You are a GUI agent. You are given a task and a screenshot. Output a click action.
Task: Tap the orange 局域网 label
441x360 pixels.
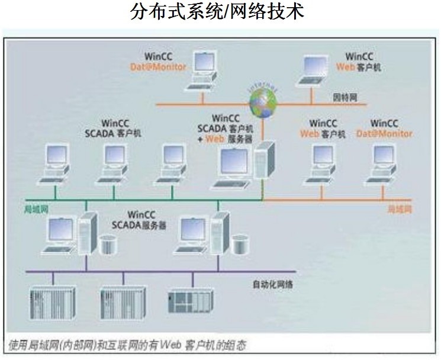click(399, 210)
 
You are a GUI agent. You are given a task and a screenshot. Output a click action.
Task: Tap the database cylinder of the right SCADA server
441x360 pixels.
click(239, 243)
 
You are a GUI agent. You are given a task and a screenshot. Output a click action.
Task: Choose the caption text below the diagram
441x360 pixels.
click(128, 345)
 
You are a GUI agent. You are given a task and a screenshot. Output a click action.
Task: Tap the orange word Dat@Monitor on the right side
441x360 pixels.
click(384, 134)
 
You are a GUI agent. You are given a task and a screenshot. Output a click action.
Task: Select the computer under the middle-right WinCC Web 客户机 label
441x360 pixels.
click(322, 162)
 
